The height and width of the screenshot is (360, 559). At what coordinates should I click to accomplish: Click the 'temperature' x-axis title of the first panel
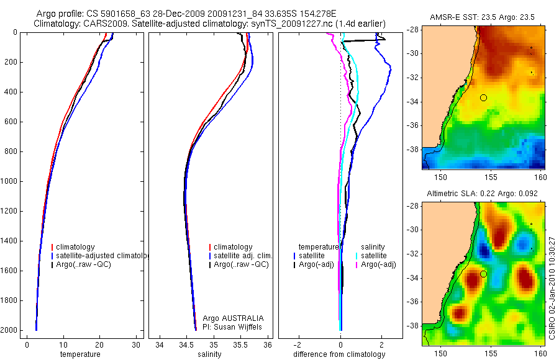click(x=80, y=354)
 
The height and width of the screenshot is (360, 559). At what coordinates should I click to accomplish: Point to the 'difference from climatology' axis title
click(x=339, y=354)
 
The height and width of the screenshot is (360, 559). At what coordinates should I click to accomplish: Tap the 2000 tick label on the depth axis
click(x=9, y=330)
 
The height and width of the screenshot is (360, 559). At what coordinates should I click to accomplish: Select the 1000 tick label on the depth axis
click(x=9, y=181)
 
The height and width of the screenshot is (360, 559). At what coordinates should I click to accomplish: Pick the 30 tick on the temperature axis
click(x=136, y=345)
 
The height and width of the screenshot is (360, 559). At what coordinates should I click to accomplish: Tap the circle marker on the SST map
click(x=483, y=97)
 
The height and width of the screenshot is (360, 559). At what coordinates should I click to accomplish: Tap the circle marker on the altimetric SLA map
click(x=483, y=274)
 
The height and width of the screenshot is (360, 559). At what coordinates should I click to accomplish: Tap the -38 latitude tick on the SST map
click(x=414, y=150)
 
